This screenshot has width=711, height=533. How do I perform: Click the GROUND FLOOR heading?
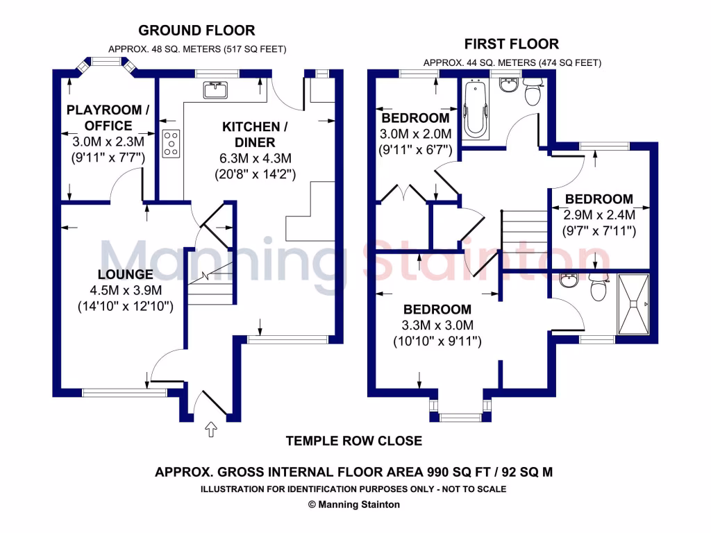click(x=196, y=31)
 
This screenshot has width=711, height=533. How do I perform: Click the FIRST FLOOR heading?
click(x=512, y=44)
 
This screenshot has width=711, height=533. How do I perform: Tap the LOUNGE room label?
click(x=125, y=276)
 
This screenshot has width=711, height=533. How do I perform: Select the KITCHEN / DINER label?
click(x=255, y=135)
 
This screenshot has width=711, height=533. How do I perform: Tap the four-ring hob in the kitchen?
click(x=171, y=143)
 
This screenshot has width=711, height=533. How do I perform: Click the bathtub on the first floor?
click(x=476, y=108)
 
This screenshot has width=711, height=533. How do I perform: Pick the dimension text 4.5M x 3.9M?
click(x=126, y=290)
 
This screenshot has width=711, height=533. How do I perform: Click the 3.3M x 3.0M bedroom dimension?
click(x=437, y=325)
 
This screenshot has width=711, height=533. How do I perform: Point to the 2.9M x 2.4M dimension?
click(x=599, y=215)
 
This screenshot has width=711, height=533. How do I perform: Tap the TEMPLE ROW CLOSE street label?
click(x=354, y=441)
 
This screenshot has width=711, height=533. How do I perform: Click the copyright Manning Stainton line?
click(x=354, y=505)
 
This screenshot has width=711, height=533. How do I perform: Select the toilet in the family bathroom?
click(x=533, y=92)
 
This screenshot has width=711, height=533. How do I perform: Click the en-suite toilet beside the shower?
click(x=596, y=288)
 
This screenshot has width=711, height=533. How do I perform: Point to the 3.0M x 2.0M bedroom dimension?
click(x=415, y=134)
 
